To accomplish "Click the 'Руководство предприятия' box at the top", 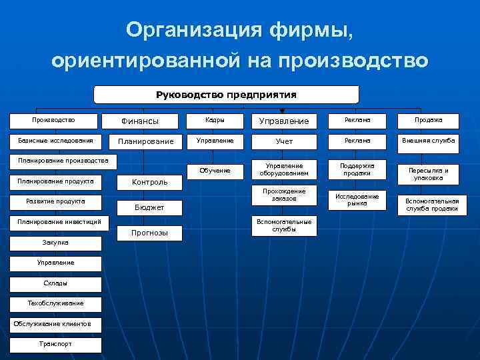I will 226,94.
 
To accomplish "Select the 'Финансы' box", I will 139,121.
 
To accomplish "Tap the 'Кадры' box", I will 214,121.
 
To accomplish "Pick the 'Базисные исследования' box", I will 55,141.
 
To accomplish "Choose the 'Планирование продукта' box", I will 55,181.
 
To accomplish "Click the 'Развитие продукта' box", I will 55,201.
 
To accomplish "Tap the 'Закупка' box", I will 55,243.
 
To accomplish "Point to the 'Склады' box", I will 55,283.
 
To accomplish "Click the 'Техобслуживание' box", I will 55,303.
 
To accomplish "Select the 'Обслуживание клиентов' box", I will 55,324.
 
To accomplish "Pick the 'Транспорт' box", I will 55,344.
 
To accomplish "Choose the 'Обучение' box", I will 214,171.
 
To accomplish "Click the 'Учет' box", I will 284,141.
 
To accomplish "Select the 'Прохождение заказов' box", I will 284,195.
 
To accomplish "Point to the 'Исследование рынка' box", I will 357,199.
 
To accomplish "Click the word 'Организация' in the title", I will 176,30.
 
